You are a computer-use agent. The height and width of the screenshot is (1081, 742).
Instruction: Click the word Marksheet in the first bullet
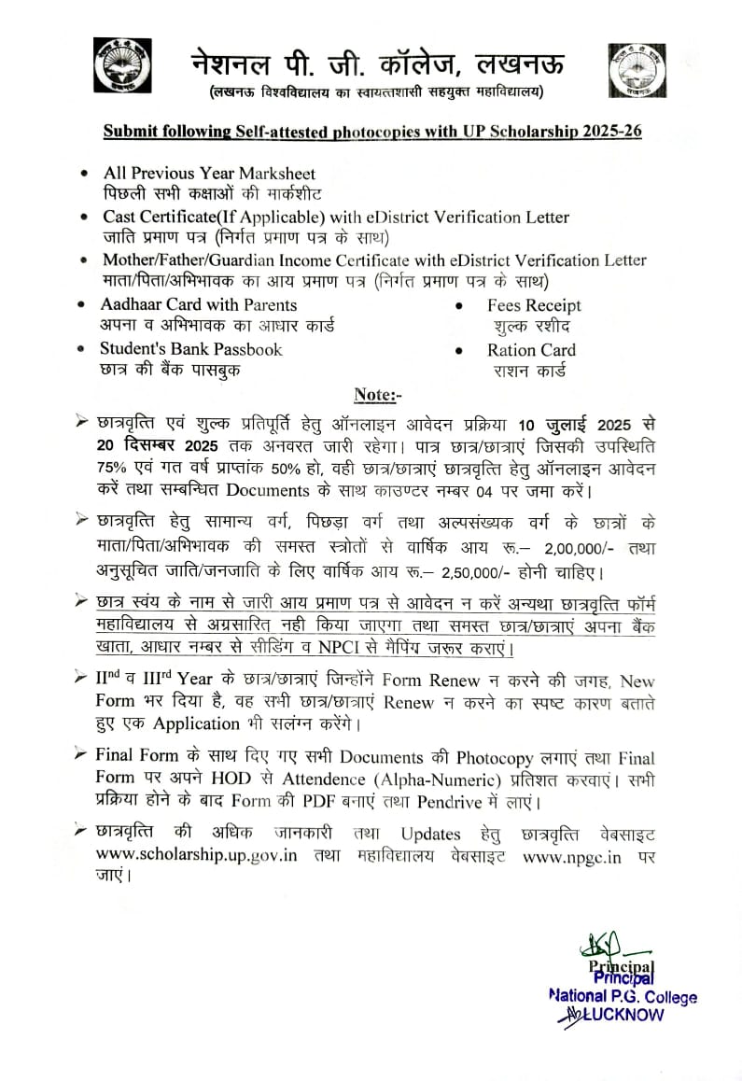pos(277,174)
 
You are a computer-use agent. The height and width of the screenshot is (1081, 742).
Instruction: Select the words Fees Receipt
pos(533,305)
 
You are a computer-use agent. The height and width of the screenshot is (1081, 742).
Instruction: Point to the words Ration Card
pos(531,350)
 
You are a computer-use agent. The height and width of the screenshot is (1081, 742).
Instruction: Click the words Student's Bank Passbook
pos(191,349)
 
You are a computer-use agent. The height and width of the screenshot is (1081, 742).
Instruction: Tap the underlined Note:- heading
pos(377,395)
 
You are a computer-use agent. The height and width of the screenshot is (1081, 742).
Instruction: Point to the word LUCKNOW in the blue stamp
pos(624,1015)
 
